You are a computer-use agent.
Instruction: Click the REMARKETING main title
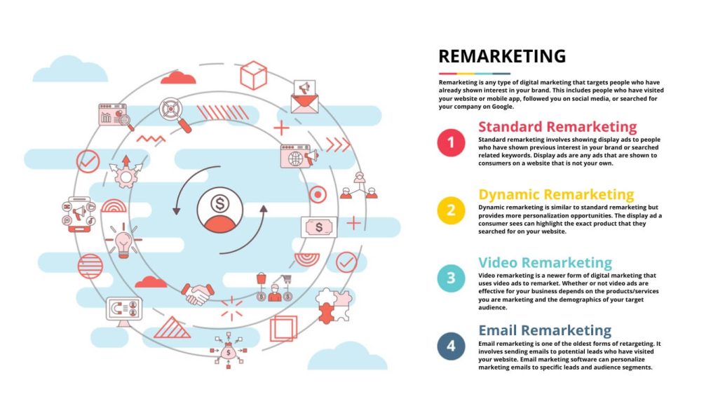click(x=501, y=57)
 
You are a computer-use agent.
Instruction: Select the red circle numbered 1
click(x=451, y=143)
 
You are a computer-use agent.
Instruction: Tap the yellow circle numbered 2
click(x=451, y=210)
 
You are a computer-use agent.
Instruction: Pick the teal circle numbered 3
click(x=451, y=278)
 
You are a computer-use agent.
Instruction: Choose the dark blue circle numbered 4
click(x=451, y=346)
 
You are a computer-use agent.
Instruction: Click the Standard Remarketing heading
click(x=557, y=127)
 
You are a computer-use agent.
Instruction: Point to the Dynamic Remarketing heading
click(x=556, y=194)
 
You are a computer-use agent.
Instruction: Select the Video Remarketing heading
click(x=545, y=263)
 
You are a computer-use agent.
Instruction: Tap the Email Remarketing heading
click(x=545, y=330)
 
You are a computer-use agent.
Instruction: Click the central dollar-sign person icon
click(x=219, y=208)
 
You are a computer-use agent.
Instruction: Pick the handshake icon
click(x=197, y=293)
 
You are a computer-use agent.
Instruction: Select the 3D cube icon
click(x=253, y=75)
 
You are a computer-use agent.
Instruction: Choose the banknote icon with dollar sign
click(x=319, y=227)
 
